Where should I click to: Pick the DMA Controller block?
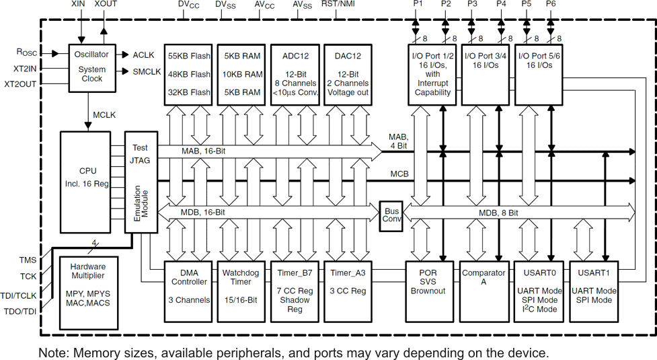click(x=188, y=291)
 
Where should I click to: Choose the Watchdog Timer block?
click(x=241, y=291)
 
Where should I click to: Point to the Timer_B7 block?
click(x=295, y=291)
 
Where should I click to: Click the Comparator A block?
click(x=484, y=291)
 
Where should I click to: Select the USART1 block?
click(x=594, y=291)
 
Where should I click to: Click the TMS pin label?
click(x=29, y=260)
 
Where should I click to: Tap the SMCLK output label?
click(x=147, y=72)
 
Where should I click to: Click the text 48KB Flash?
click(x=189, y=74)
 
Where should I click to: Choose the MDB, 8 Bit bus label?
click(x=498, y=213)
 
